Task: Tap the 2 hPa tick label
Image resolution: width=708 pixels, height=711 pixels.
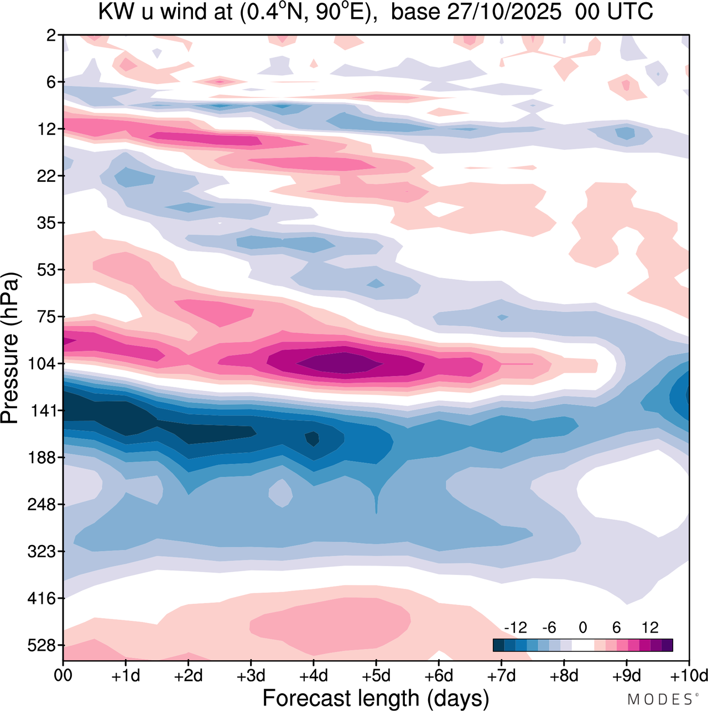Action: (51, 35)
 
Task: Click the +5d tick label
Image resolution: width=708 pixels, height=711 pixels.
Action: (376, 676)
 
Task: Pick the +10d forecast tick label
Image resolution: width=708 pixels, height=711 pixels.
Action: (689, 676)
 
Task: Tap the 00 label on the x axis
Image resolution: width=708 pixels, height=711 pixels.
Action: (64, 676)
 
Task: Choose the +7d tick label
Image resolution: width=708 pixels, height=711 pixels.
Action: (502, 676)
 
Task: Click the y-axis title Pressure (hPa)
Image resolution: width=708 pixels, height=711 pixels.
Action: (10, 348)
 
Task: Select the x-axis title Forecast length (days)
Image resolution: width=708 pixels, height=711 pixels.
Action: (376, 698)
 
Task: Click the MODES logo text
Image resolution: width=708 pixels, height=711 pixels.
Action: (659, 699)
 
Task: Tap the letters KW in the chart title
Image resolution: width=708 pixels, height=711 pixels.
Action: (113, 11)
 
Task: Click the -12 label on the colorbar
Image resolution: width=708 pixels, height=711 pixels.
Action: (516, 628)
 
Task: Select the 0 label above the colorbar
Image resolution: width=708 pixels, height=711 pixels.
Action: (583, 628)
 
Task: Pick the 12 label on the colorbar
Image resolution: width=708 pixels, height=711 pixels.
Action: (650, 628)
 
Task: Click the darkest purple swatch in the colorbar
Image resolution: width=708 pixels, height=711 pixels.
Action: (667, 645)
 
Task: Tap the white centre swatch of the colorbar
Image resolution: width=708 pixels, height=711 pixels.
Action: (583, 645)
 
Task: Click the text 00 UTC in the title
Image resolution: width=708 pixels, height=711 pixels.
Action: (614, 11)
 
